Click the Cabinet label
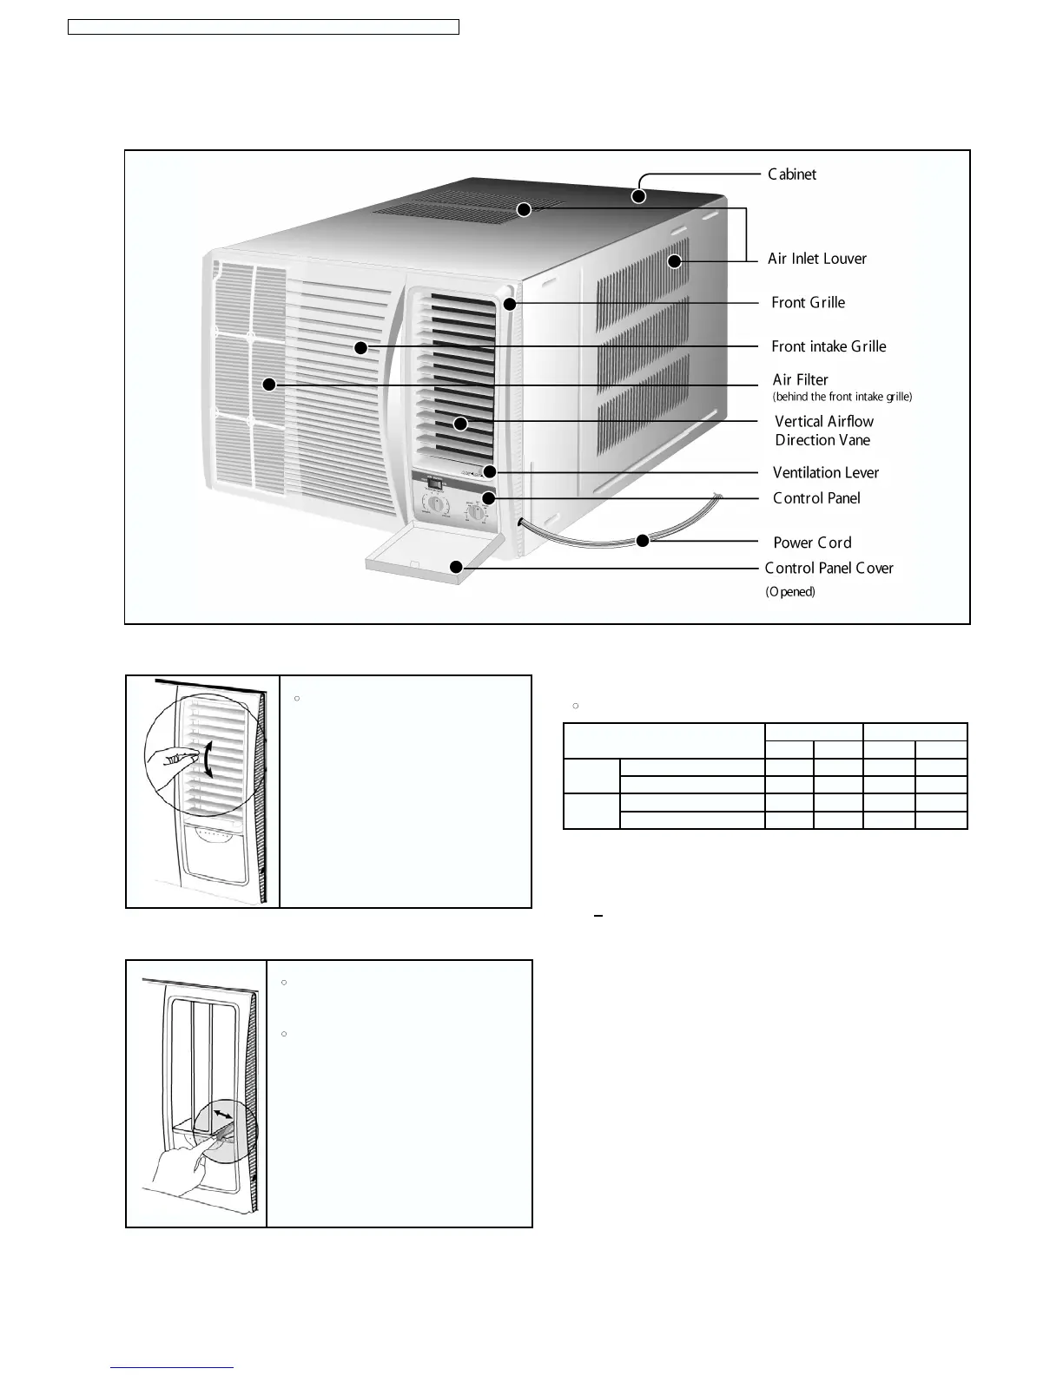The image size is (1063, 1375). [791, 174]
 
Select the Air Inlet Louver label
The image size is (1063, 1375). [816, 259]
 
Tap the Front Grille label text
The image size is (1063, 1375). [808, 303]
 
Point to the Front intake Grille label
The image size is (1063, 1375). [829, 346]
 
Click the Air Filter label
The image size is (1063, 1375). [800, 379]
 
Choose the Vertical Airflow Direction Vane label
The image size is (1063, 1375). [823, 431]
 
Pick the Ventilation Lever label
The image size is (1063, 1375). [825, 473]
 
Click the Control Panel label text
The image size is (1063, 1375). [816, 498]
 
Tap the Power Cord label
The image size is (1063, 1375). [812, 543]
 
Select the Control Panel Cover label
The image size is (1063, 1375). [829, 569]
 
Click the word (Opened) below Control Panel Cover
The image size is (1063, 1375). [789, 592]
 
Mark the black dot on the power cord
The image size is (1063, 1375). [643, 541]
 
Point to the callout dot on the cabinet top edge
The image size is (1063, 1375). [638, 196]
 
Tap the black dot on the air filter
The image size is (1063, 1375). [269, 384]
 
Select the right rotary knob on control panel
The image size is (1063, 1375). [477, 512]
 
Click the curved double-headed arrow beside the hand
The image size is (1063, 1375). [207, 760]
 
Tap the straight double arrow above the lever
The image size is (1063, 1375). [223, 1114]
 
